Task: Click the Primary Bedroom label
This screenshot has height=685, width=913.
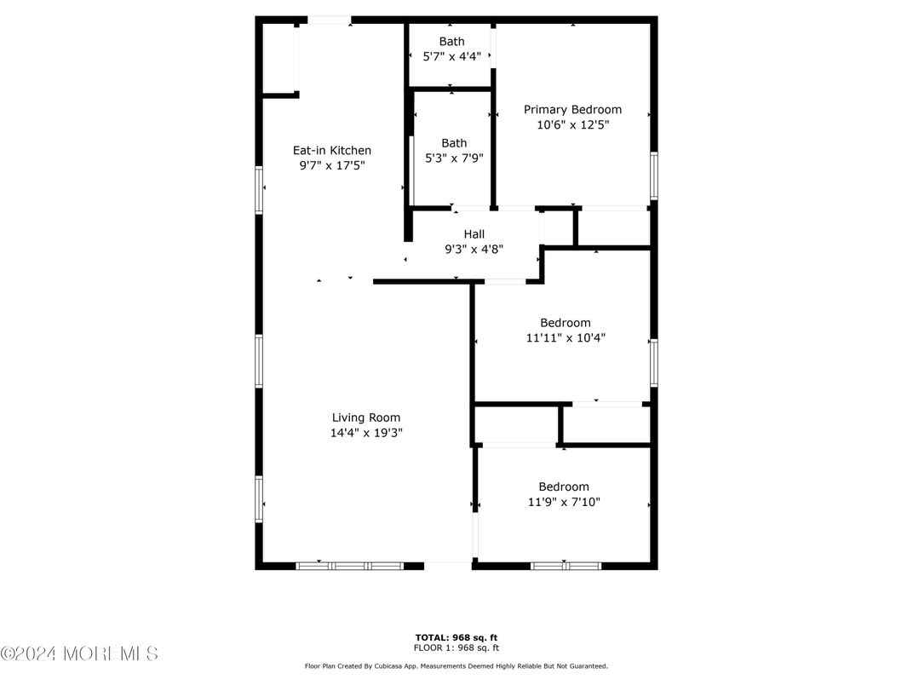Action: pyautogui.click(x=572, y=110)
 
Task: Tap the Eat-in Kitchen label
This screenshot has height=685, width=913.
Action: pyautogui.click(x=332, y=151)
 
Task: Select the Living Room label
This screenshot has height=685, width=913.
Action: pyautogui.click(x=366, y=417)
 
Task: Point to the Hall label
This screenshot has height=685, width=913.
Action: pyautogui.click(x=474, y=234)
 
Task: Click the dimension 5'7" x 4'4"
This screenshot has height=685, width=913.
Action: pyautogui.click(x=452, y=56)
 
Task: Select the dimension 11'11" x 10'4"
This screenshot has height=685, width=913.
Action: pyautogui.click(x=566, y=337)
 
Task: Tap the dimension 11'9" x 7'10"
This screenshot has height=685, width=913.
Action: pyautogui.click(x=564, y=502)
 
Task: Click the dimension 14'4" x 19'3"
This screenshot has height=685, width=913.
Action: pyautogui.click(x=366, y=432)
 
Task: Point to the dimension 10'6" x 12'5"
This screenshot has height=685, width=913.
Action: pyautogui.click(x=572, y=124)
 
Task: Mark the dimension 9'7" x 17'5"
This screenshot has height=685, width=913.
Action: pyautogui.click(x=332, y=165)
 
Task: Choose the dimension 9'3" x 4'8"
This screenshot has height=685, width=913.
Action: pyautogui.click(x=474, y=249)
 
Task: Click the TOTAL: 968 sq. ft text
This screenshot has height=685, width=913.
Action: pyautogui.click(x=456, y=636)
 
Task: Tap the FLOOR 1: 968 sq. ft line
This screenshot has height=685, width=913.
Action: pyautogui.click(x=456, y=647)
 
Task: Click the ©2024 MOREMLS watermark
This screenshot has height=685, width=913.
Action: pyautogui.click(x=79, y=654)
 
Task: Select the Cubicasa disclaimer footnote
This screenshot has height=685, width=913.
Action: pyautogui.click(x=456, y=666)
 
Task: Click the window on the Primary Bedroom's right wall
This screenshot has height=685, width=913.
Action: pyautogui.click(x=654, y=176)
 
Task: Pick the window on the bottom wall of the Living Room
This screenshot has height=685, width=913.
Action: pyautogui.click(x=350, y=565)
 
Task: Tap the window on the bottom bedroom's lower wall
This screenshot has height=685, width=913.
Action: pyautogui.click(x=566, y=565)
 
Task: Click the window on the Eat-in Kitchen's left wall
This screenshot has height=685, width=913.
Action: pyautogui.click(x=259, y=187)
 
